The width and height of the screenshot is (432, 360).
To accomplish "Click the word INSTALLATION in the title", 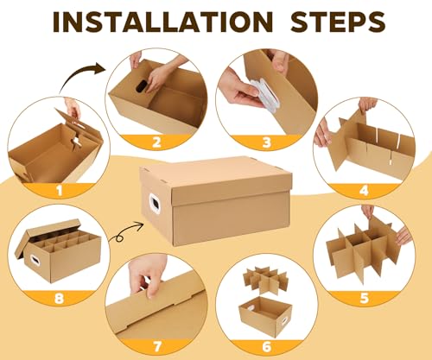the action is pos(162,22).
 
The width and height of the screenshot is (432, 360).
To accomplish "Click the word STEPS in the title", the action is pos(338,22).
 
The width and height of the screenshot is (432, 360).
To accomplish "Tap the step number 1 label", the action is pos(60,190).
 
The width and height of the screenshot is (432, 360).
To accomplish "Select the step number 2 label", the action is pos(156,142).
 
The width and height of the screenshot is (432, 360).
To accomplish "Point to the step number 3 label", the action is pos(267,142).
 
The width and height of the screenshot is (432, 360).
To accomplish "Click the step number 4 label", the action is pos(364,191).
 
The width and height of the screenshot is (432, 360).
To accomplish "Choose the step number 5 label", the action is pos(365,298).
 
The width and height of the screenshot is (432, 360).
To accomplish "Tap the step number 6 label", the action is pos(267,346).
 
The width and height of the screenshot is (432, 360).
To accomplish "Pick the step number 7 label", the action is pos(157,346).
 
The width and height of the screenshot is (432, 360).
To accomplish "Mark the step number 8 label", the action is pos(59,298).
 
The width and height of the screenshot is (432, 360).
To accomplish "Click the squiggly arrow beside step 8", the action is pos(126,231).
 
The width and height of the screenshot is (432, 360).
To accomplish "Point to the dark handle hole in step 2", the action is pos(142,85).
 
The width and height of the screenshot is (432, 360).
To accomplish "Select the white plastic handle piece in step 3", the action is pos(266,94).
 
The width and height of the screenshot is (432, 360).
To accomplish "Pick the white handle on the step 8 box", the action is pos(35,260).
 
